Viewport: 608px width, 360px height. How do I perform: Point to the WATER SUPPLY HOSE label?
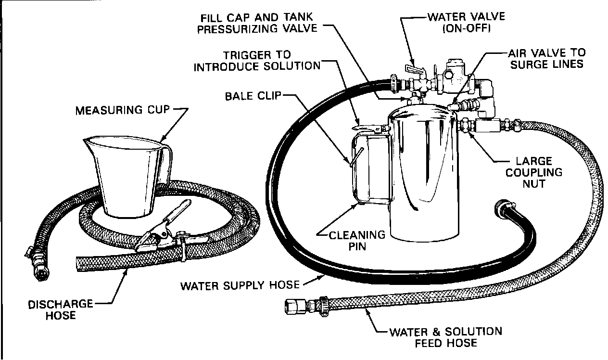click(240, 285)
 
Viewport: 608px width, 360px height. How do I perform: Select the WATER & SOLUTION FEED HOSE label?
click(445, 337)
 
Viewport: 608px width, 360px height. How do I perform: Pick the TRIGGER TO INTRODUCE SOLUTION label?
click(256, 60)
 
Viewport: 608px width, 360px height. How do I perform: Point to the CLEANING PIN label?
click(350, 240)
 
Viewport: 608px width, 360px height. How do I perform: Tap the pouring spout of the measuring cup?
click(89, 141)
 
